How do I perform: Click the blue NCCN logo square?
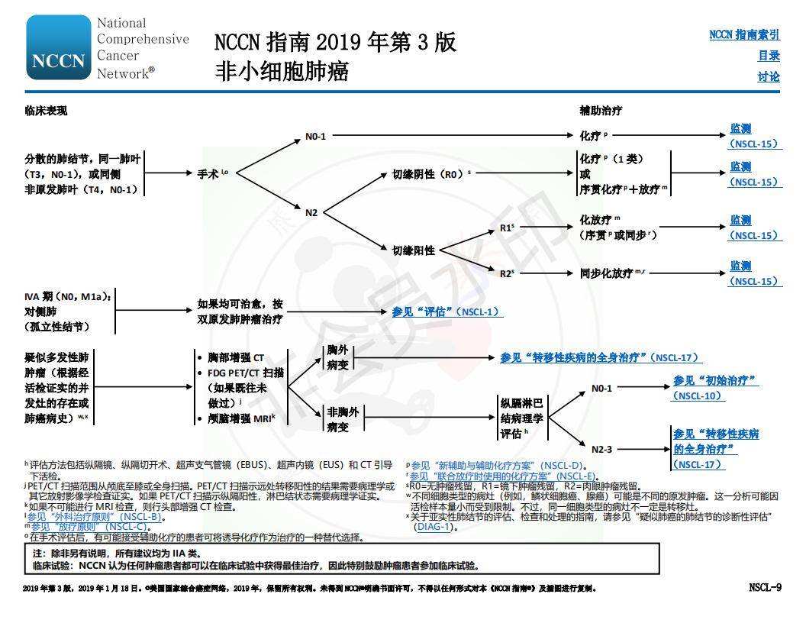tap(58, 47)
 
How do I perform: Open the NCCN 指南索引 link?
tap(744, 34)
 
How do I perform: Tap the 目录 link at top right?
tap(768, 56)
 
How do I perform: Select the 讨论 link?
tap(768, 76)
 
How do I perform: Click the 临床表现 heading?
tap(46, 111)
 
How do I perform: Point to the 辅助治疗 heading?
tap(601, 111)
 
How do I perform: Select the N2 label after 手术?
tap(311, 212)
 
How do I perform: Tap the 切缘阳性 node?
tap(414, 250)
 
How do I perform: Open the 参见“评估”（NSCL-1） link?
tap(447, 311)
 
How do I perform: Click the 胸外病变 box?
tap(338, 357)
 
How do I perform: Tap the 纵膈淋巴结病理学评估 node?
tap(522, 418)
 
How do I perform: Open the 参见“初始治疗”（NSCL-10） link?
tap(715, 388)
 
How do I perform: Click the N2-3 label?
tap(601, 449)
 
